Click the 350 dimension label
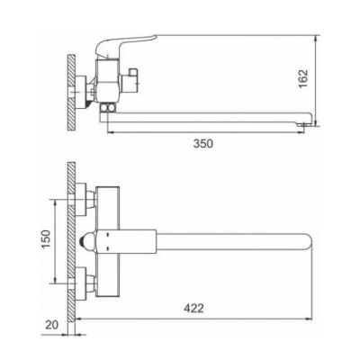point(203,144)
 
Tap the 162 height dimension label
point(303,78)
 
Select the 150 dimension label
point(46,239)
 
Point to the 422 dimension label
point(193,308)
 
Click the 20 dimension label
point(52,325)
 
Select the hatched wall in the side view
point(71,93)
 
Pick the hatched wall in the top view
point(71,242)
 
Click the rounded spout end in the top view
point(308,242)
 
